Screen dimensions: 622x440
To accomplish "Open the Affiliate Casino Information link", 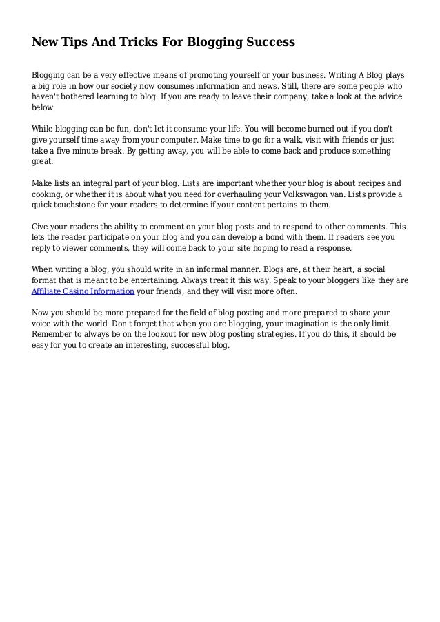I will pos(83,291).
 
